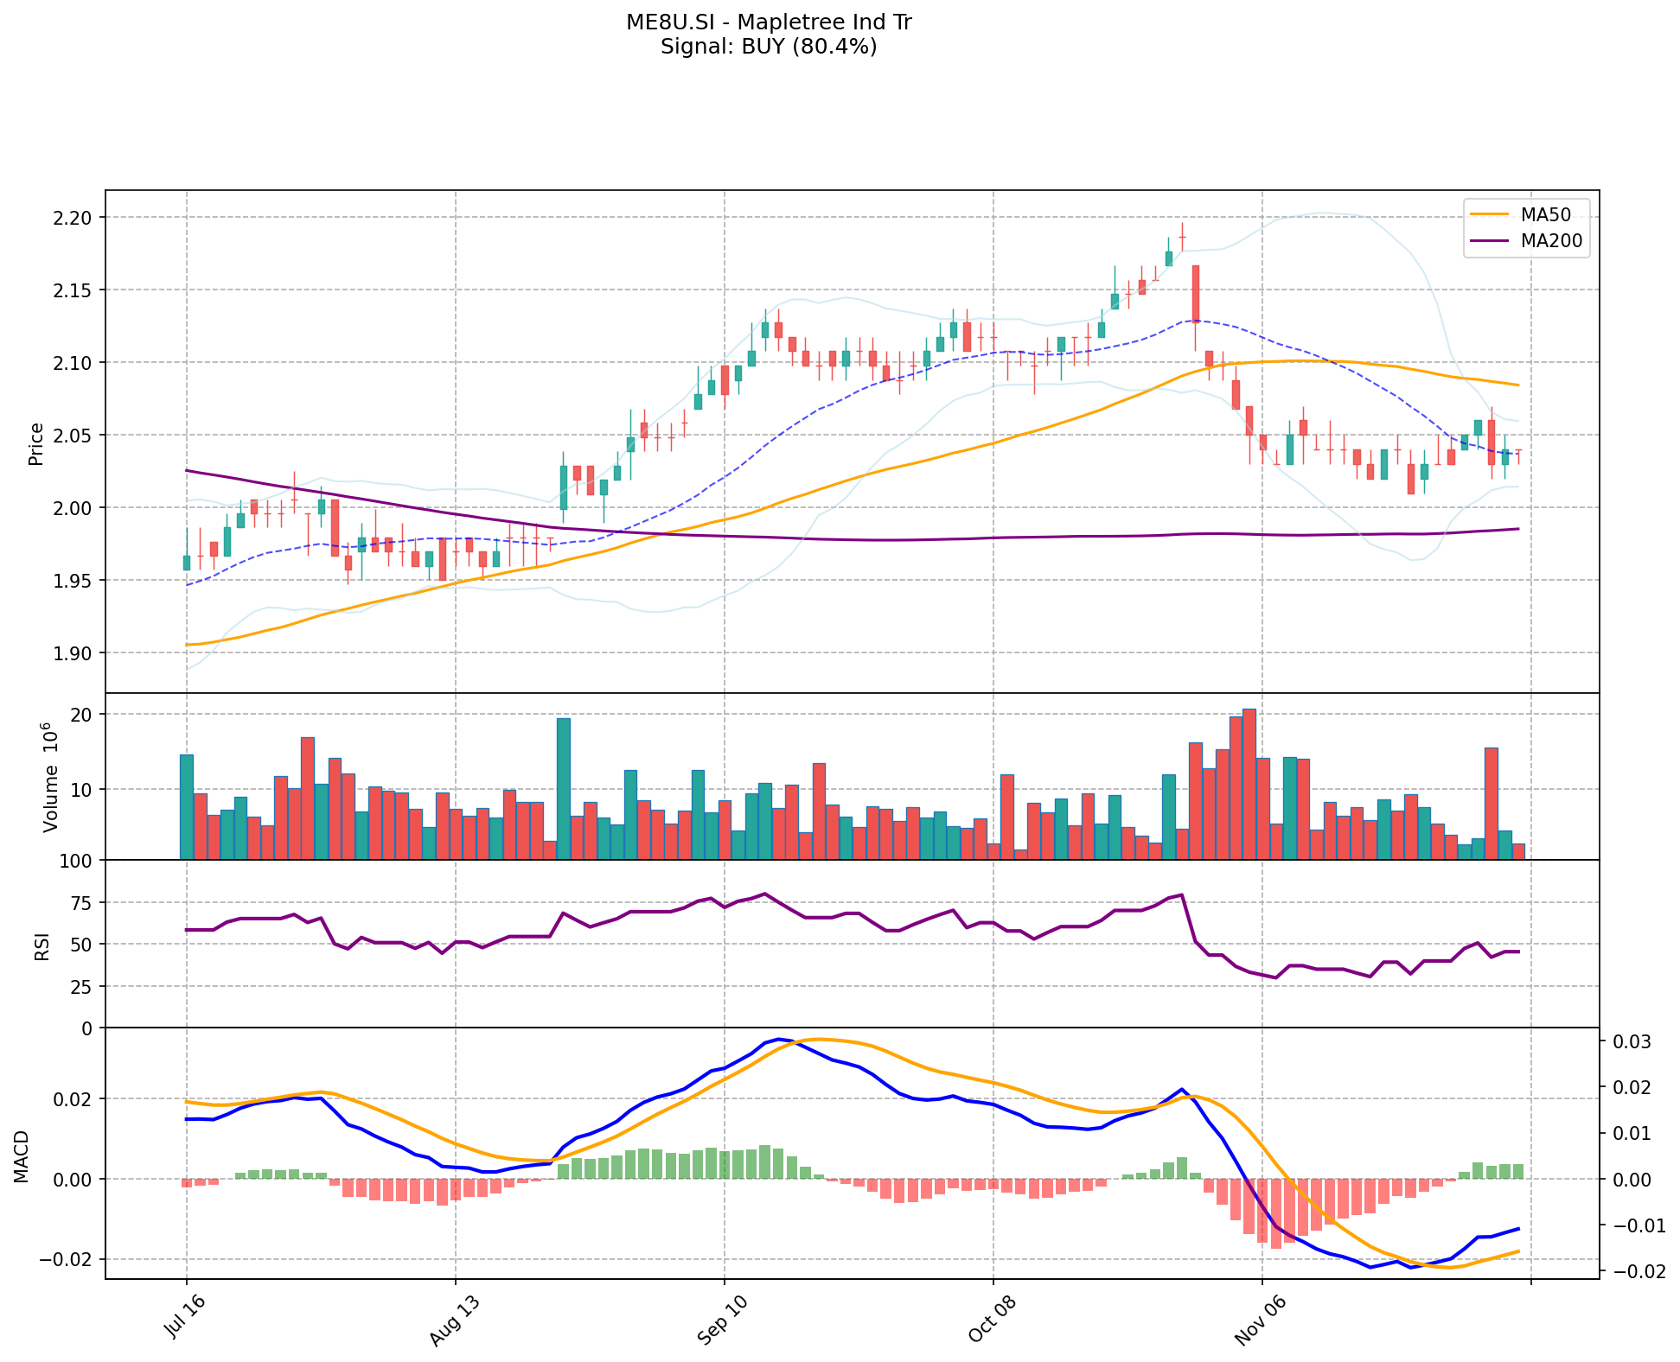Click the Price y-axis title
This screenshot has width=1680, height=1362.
point(36,444)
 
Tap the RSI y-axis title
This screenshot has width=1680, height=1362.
point(42,945)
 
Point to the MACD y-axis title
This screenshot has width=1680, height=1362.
point(22,1156)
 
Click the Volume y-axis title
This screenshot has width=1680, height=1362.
point(50,778)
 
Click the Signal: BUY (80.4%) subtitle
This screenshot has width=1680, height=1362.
point(769,47)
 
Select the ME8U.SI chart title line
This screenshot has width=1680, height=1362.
point(769,22)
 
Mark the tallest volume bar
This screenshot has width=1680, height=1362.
point(1249,784)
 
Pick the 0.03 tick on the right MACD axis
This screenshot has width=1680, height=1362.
point(1630,1042)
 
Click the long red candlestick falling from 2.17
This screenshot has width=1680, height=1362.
point(1196,294)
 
